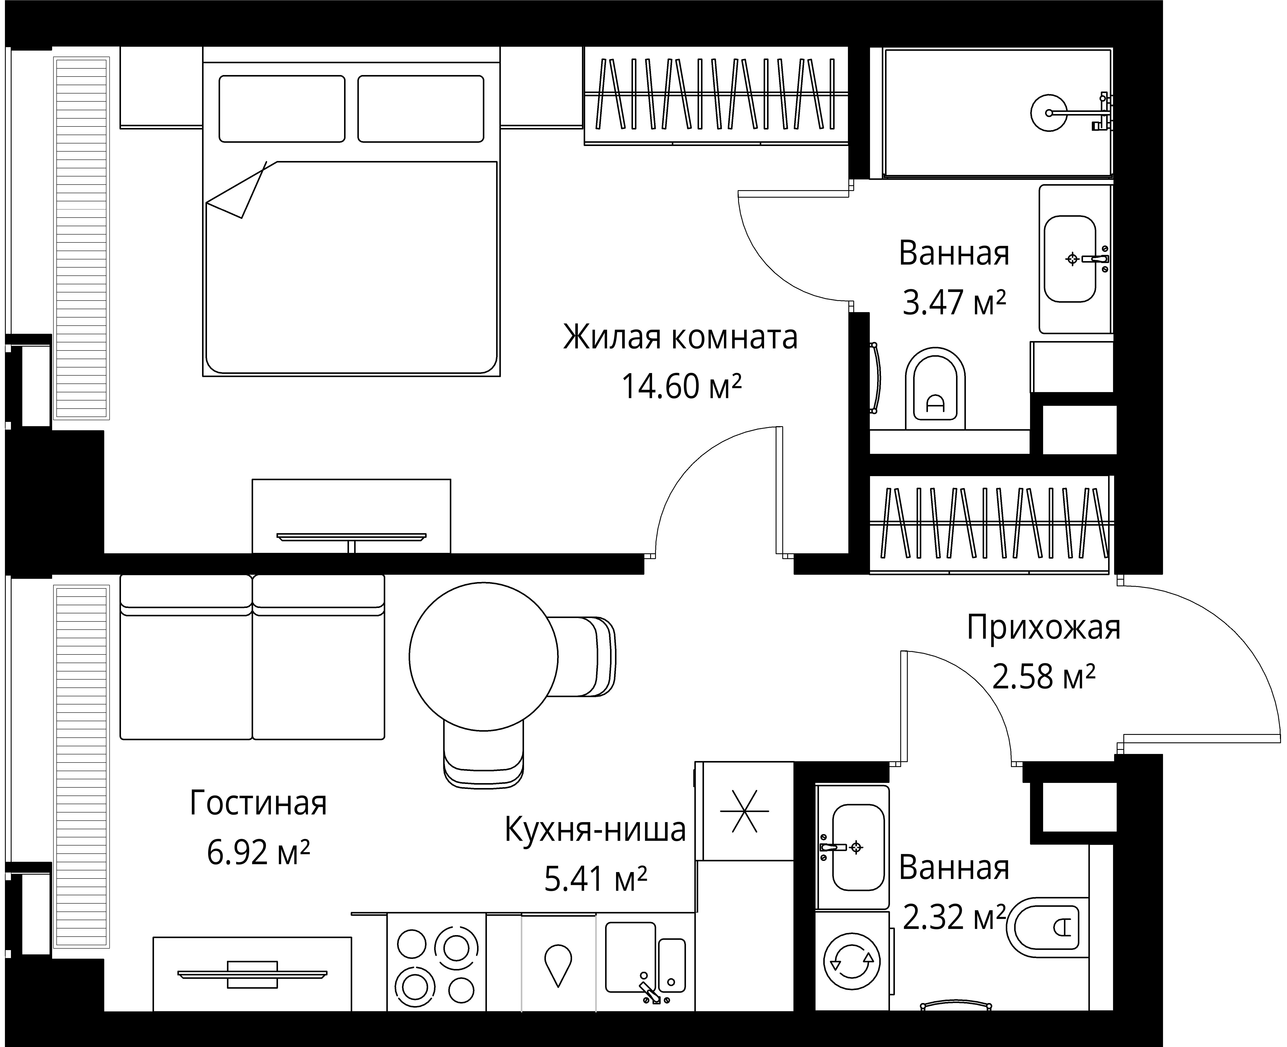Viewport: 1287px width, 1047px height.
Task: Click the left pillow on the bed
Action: tap(282, 108)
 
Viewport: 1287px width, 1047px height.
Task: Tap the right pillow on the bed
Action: tap(421, 108)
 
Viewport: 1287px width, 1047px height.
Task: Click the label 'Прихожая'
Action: tap(1043, 628)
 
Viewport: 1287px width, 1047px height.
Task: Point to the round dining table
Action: tap(483, 657)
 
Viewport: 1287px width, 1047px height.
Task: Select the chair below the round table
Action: tap(483, 755)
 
